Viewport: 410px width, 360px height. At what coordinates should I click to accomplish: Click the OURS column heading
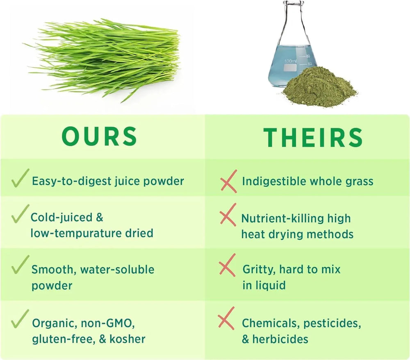pyautogui.click(x=100, y=136)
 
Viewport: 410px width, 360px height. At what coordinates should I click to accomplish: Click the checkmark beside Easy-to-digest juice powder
pyautogui.click(x=20, y=179)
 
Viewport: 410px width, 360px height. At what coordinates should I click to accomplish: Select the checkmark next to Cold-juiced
pyautogui.click(x=20, y=214)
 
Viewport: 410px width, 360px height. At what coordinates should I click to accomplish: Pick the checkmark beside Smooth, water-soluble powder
pyautogui.click(x=20, y=265)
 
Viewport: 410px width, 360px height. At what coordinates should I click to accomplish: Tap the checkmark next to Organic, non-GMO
pyautogui.click(x=20, y=319)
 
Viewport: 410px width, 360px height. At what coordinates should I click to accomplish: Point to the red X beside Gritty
pyautogui.click(x=228, y=265)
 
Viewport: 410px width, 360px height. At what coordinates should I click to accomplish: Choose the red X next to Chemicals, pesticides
pyautogui.click(x=226, y=318)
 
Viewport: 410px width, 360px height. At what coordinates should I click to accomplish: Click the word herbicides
pyautogui.click(x=280, y=339)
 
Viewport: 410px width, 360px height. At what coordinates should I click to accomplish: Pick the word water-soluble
pyautogui.click(x=117, y=270)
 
